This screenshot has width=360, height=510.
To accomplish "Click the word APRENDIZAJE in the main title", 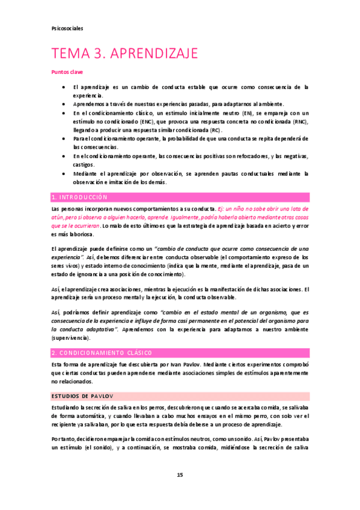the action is pos(153,54).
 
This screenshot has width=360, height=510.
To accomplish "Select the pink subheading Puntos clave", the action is pos(67,72).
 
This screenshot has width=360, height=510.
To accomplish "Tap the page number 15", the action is pos(180,475).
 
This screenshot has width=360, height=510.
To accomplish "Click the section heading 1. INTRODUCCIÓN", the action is pos(79,197).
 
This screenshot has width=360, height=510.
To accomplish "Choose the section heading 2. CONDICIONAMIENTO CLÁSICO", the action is pos(102,352).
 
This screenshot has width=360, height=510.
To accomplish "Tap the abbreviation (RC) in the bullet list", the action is pos(212,130).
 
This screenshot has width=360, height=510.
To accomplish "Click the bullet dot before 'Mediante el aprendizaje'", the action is pos(64,174).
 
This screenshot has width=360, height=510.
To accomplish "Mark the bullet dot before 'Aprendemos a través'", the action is pos(64,104).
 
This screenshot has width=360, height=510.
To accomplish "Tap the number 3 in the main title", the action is pos(96,54).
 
